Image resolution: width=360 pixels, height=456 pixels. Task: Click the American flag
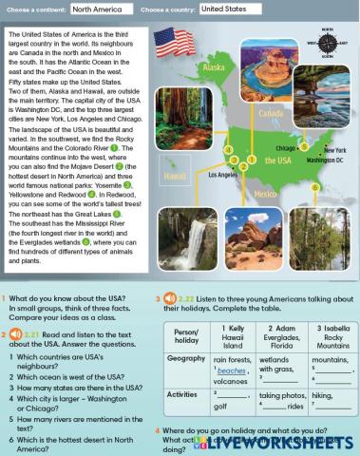(x=173, y=43)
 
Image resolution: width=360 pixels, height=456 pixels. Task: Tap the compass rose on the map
(x=328, y=43)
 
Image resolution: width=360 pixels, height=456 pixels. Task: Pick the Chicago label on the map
(x=288, y=148)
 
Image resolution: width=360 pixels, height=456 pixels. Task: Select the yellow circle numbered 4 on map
(x=229, y=150)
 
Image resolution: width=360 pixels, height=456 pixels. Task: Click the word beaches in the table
(x=232, y=371)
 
